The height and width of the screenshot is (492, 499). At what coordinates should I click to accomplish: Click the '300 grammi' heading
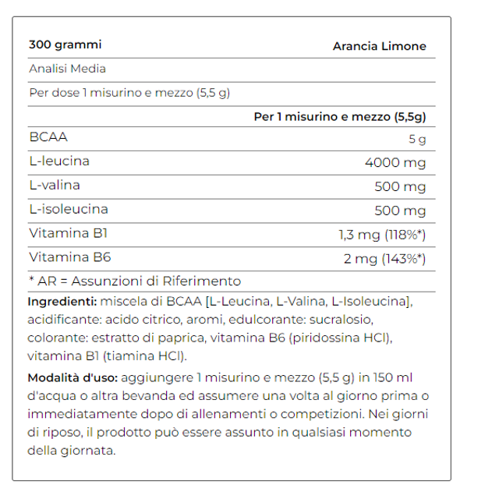[65, 44]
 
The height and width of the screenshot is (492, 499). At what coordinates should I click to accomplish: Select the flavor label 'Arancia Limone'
[380, 46]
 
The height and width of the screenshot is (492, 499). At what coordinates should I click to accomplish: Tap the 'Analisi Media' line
[67, 69]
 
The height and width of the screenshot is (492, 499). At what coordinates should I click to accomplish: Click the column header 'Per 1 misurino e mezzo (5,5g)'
[340, 116]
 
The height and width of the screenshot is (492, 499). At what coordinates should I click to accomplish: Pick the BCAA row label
[48, 137]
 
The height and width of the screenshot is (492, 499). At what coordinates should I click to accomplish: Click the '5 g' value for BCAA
[417, 140]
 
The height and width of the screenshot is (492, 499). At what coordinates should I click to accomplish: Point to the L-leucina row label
[59, 161]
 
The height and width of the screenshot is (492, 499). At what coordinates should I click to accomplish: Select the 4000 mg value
[395, 164]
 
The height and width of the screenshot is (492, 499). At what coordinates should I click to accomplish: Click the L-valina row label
[55, 186]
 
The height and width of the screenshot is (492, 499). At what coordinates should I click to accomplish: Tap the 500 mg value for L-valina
[401, 187]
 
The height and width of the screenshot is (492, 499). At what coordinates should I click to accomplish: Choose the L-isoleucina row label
[68, 209]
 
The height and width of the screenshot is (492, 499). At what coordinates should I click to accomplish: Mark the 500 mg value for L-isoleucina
[401, 211]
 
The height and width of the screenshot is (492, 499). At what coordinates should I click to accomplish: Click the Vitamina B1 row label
[58, 233]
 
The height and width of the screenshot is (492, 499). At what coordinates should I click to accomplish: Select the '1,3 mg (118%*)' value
[382, 235]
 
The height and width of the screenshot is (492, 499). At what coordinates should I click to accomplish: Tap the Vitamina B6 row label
[58, 257]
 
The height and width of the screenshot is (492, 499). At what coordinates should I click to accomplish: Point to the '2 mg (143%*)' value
[385, 259]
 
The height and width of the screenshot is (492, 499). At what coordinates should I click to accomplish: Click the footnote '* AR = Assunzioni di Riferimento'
[135, 281]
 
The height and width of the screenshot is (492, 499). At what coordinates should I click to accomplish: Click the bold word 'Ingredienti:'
[62, 302]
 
